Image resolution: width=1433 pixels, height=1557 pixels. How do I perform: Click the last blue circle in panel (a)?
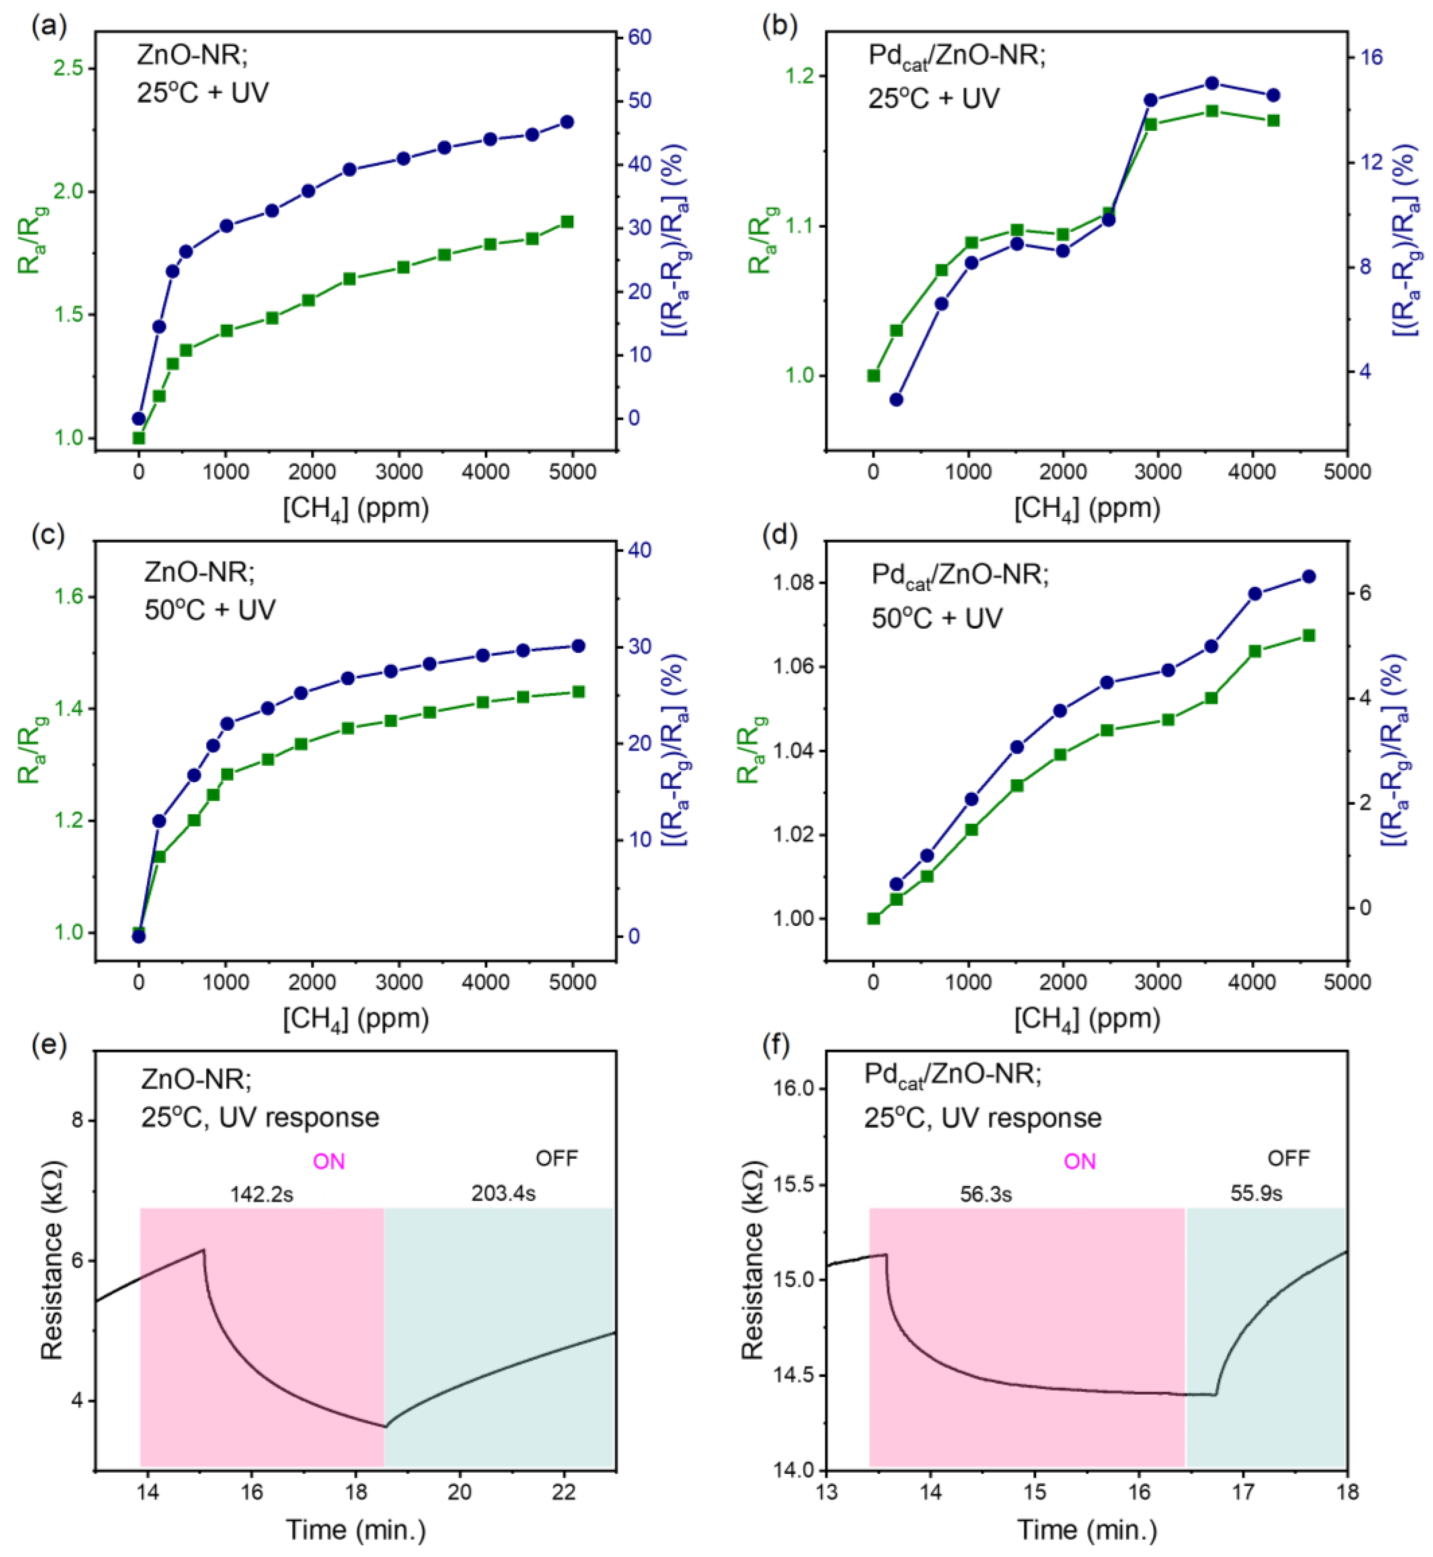pos(567,122)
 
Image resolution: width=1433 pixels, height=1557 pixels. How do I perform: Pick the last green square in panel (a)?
pos(567,222)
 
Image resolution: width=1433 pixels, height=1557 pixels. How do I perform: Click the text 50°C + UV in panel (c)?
pos(210,610)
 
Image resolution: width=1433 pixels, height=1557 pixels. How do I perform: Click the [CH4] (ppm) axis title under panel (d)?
pos(1087,1019)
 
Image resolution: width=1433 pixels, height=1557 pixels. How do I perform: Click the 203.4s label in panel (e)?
pos(503,1193)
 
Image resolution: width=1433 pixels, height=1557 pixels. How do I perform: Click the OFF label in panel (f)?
pos(1288,1158)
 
